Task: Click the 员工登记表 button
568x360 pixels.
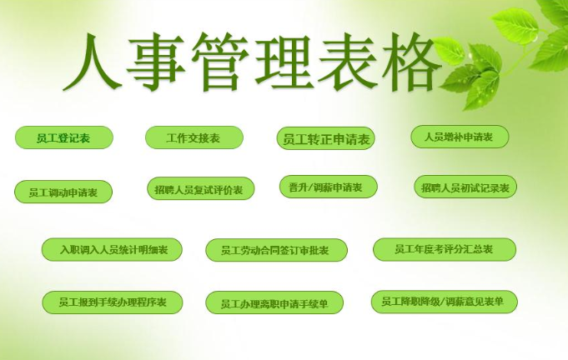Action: [x=63, y=137]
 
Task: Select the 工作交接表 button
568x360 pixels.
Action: [x=194, y=137]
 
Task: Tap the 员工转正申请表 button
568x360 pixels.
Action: [x=325, y=138]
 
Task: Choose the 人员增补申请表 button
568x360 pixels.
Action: [x=460, y=137]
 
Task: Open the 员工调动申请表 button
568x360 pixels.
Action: [x=63, y=192]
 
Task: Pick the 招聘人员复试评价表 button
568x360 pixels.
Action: [x=201, y=188]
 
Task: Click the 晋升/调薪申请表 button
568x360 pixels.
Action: [x=328, y=187]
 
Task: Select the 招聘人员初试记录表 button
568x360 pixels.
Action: [x=465, y=187]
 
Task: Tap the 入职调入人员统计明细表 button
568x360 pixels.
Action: [x=112, y=249]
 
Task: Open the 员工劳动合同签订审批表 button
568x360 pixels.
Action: [x=276, y=250]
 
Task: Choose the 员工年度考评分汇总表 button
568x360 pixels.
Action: [x=445, y=249]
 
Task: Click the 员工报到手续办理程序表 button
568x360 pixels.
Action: [x=113, y=302]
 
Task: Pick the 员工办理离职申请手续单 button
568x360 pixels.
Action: [x=274, y=302]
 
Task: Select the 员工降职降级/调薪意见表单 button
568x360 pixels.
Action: [x=444, y=302]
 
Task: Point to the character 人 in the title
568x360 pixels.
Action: [x=93, y=62]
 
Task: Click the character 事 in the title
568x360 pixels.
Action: [x=155, y=62]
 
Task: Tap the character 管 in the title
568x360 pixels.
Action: [x=220, y=62]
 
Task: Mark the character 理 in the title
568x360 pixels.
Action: [x=284, y=62]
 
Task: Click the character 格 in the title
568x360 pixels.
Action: [x=411, y=62]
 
